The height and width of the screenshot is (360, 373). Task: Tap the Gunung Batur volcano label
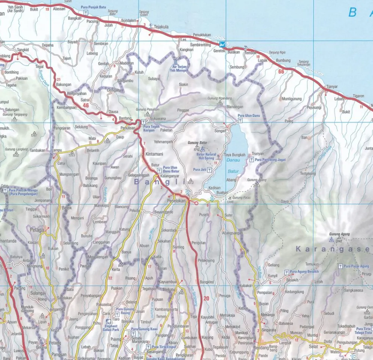pos(198,143)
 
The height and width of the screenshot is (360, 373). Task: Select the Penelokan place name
pos(173,200)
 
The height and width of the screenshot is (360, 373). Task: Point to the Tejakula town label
pos(161,27)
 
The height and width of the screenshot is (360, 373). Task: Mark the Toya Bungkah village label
pos(234,155)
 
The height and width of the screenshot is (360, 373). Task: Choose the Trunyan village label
pos(258,153)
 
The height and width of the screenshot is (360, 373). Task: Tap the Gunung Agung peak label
pos(339,234)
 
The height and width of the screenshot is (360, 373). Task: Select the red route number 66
pos(281,71)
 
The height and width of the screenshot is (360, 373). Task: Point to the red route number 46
pos(86,106)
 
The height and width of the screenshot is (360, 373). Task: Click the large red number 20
pos(206,298)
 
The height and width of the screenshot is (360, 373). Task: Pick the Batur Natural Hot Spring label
pos(206,156)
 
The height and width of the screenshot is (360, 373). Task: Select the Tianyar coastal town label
pos(332,87)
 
